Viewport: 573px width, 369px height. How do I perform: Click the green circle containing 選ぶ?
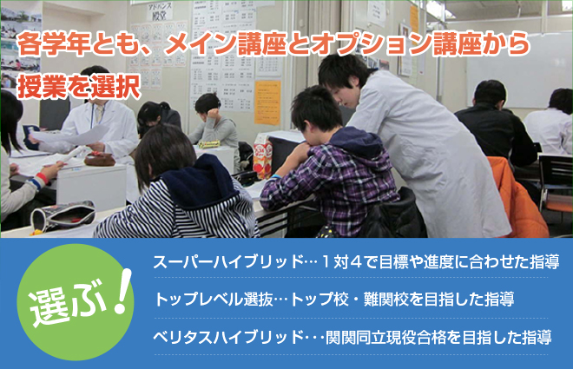point(76,302)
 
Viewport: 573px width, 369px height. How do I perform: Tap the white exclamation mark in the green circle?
point(122,292)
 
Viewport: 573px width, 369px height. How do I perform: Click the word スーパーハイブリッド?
point(228,262)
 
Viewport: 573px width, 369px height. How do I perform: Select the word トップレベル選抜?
point(214,300)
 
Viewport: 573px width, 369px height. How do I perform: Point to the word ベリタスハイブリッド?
point(228,337)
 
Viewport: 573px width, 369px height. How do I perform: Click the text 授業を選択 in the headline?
point(79,87)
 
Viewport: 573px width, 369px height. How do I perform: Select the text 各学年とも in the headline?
point(77,43)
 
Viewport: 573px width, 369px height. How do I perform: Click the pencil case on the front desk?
point(63,215)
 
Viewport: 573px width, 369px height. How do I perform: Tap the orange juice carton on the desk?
point(263,156)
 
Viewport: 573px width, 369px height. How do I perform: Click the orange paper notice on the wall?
point(267,102)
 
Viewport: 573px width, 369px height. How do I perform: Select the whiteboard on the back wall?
point(519,69)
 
